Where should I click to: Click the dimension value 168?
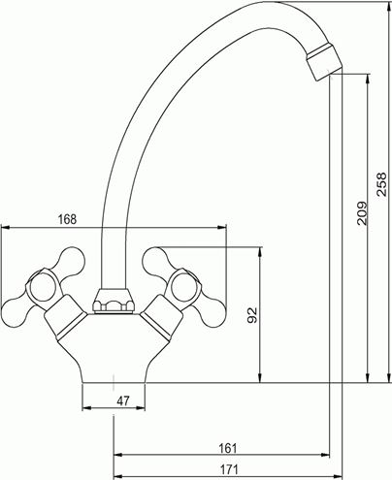(x=67, y=219)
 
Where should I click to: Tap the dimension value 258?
(x=382, y=184)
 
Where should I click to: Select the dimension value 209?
(x=362, y=213)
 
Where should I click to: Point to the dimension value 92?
(x=252, y=315)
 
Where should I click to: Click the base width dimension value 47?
(x=123, y=401)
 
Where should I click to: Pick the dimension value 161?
(x=228, y=448)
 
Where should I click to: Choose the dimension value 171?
(x=229, y=469)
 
